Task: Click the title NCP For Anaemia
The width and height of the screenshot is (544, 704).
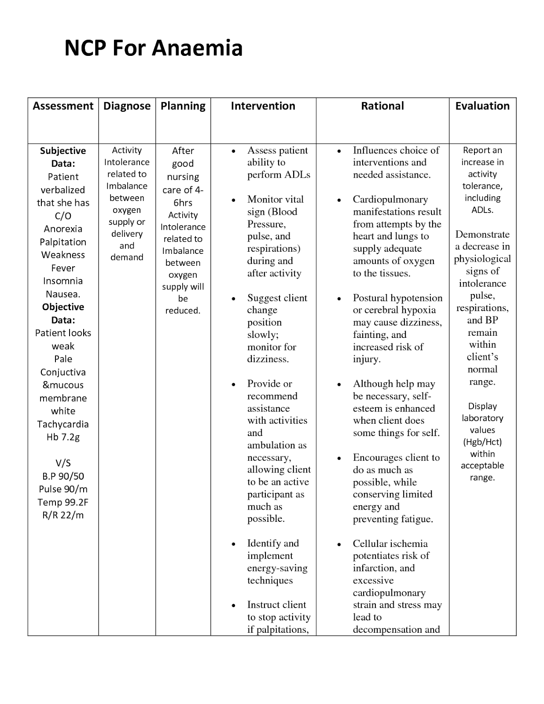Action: click(153, 48)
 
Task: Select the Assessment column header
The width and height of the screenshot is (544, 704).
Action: click(63, 106)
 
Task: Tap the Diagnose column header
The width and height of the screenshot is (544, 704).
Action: click(127, 106)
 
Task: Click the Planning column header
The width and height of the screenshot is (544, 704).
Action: click(183, 106)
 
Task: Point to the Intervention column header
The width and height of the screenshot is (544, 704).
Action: click(263, 106)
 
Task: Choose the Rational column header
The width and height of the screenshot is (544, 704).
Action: click(382, 106)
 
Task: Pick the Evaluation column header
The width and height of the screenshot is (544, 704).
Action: click(482, 106)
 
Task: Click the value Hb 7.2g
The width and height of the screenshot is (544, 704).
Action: click(63, 437)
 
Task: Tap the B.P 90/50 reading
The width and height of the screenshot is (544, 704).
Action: click(63, 476)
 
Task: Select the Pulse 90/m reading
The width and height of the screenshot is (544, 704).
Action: click(63, 489)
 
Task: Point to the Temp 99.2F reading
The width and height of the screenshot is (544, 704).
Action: click(63, 502)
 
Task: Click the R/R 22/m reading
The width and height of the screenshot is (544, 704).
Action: click(63, 515)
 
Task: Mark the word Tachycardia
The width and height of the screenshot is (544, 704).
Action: click(63, 424)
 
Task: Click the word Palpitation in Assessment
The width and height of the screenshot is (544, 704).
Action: click(63, 242)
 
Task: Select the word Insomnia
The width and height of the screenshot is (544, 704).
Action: click(63, 281)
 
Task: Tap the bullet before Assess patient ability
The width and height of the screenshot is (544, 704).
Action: click(233, 151)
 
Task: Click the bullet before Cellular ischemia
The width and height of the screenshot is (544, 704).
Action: click(339, 545)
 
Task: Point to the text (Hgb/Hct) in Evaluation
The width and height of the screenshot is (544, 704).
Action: click(482, 442)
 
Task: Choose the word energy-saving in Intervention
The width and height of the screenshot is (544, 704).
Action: click(277, 568)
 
